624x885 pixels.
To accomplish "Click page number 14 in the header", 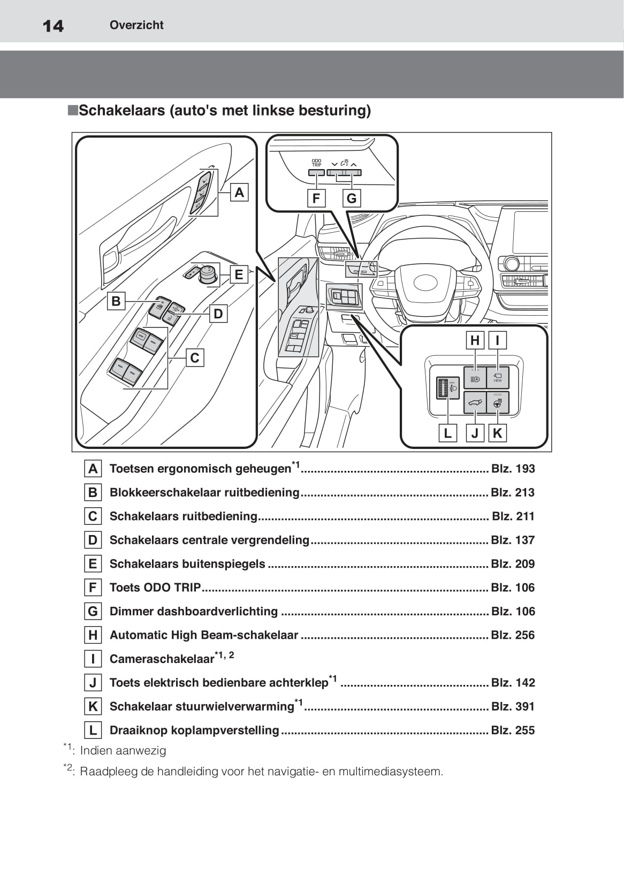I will (x=53, y=26).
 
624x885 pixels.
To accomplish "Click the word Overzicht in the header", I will (x=136, y=25).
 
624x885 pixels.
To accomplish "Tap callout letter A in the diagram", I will (x=239, y=192).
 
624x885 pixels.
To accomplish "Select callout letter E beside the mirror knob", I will (x=239, y=275).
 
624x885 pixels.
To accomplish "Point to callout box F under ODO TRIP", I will (x=316, y=199).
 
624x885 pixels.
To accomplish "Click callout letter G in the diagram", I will (x=352, y=199).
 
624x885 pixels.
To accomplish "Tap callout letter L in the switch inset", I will (x=448, y=433).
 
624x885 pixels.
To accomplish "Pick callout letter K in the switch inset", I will (x=497, y=433).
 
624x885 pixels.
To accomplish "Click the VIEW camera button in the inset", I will (x=498, y=378).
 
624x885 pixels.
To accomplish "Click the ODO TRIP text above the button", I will (x=317, y=163).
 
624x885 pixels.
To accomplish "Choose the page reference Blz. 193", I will (x=513, y=469).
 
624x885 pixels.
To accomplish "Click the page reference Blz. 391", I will (x=513, y=706).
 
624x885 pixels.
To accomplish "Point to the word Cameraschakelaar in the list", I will (x=162, y=659).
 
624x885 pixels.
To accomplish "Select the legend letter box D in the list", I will (x=93, y=540).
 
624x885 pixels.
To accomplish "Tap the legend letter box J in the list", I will (x=93, y=683).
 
